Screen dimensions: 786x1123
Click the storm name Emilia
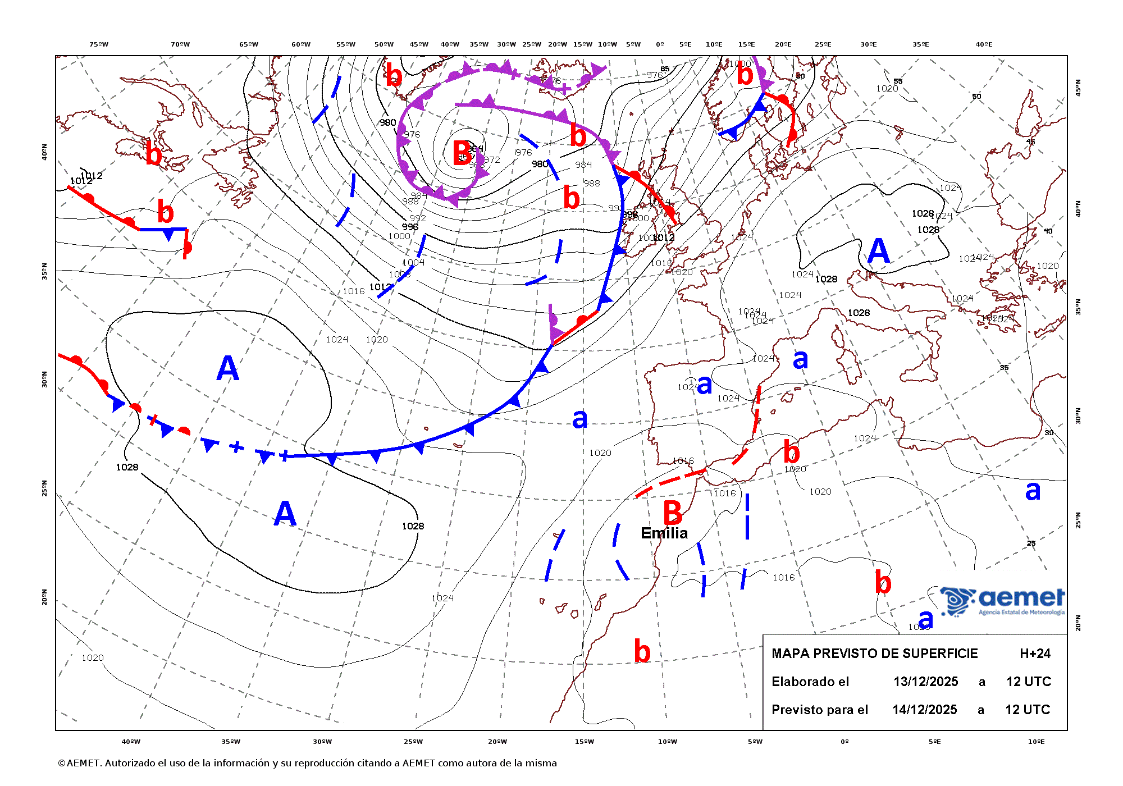pyautogui.click(x=664, y=533)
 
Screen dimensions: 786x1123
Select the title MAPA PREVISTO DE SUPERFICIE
pyautogui.click(x=874, y=654)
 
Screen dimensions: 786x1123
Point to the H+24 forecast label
pyautogui.click(x=1035, y=654)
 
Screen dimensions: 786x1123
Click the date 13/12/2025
pyautogui.click(x=925, y=682)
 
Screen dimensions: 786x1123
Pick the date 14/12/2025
pyautogui.click(x=925, y=710)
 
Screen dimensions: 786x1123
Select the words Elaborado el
pyautogui.click(x=810, y=682)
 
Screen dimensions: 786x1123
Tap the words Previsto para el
pyautogui.click(x=820, y=710)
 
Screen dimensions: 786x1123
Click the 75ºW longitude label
pyautogui.click(x=99, y=44)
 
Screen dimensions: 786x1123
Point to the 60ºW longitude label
pyautogui.click(x=301, y=44)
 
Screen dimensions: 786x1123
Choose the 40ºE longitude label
pyautogui.click(x=984, y=44)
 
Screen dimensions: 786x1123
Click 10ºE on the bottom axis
pyautogui.click(x=1036, y=742)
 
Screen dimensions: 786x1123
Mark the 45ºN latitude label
pyautogui.click(x=1078, y=87)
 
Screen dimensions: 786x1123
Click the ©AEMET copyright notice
pyautogui.click(x=307, y=763)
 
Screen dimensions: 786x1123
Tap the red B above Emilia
pyautogui.click(x=673, y=512)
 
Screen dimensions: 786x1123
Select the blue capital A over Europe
pyautogui.click(x=879, y=250)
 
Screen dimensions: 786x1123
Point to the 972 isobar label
pyautogui.click(x=492, y=159)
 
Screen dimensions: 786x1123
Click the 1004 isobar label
pyautogui.click(x=413, y=262)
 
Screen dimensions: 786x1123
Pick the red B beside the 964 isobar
pyautogui.click(x=462, y=153)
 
